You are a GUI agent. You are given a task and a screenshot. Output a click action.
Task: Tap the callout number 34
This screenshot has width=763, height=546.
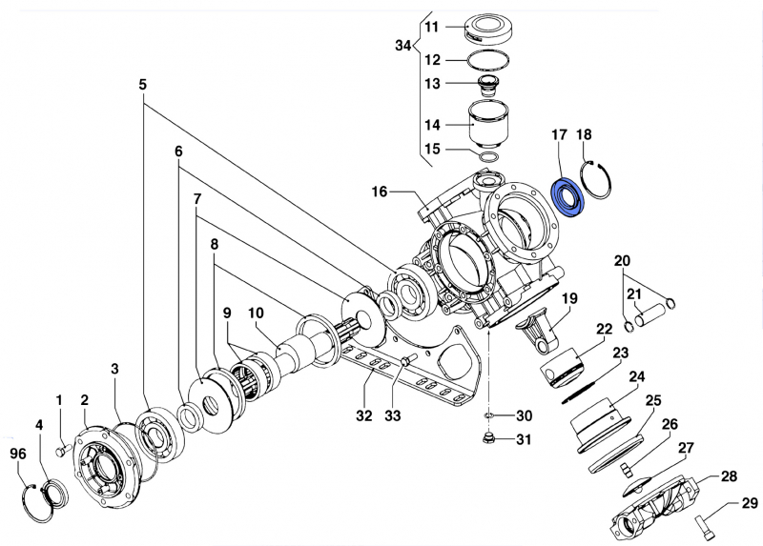403,45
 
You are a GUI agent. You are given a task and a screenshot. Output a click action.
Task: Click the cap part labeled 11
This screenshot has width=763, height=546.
492,28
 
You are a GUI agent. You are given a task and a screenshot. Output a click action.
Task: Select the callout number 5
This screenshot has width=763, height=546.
143,85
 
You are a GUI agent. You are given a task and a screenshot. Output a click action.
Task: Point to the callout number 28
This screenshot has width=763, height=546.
729,476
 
